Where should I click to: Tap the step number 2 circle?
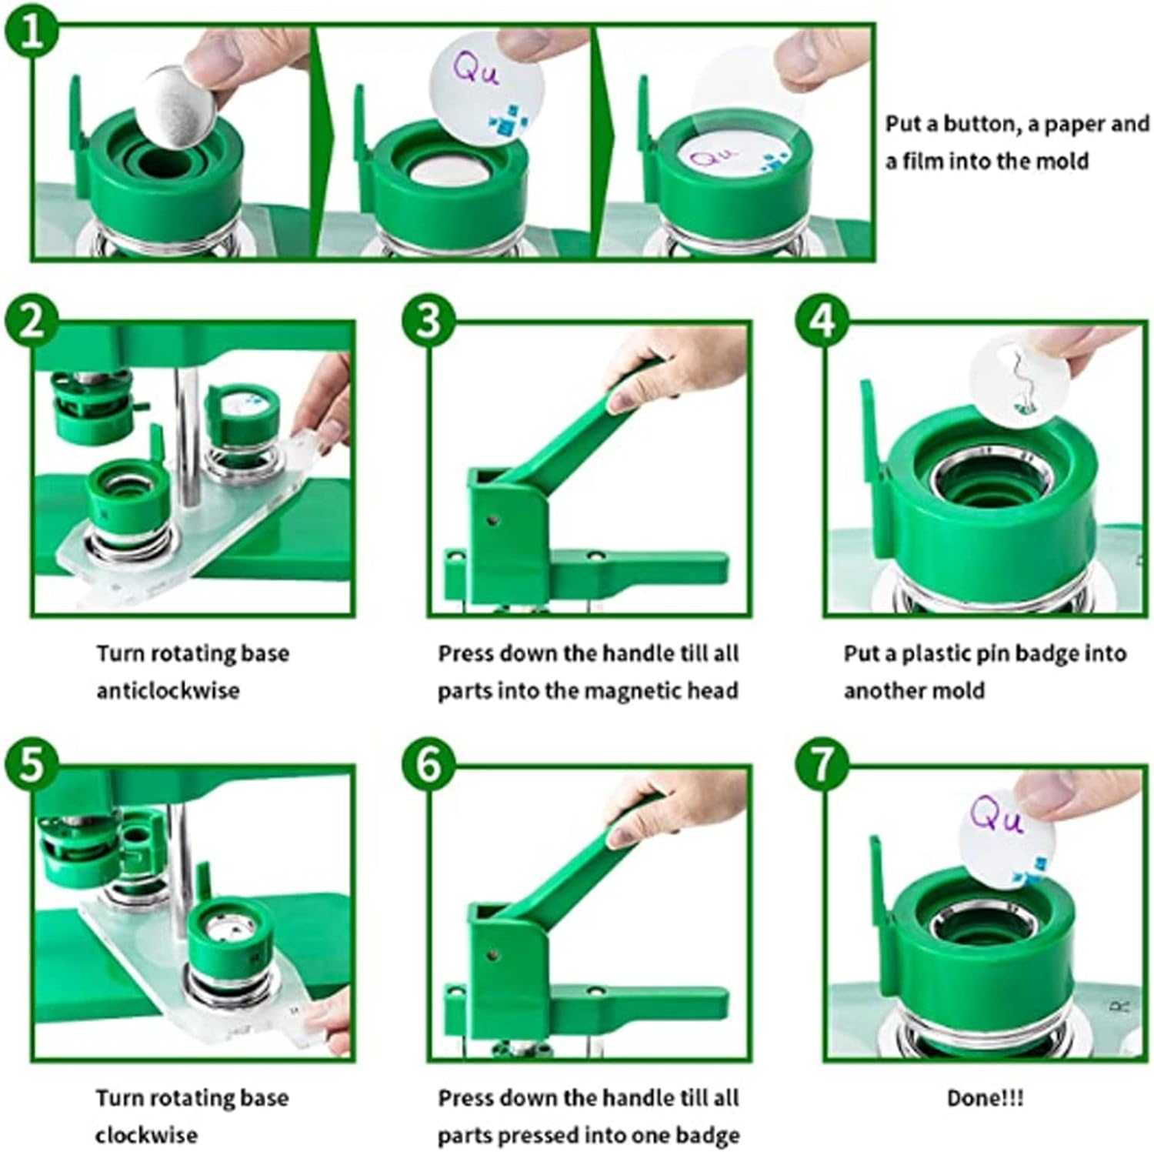[31, 321]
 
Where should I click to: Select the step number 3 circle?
[429, 321]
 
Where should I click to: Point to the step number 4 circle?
[822, 321]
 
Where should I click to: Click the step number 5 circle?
[31, 766]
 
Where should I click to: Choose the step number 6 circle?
[429, 766]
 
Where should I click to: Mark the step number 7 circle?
[822, 766]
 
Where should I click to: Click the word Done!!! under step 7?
[985, 1098]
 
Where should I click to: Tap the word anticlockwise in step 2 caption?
[168, 690]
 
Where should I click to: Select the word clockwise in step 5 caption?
[146, 1134]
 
